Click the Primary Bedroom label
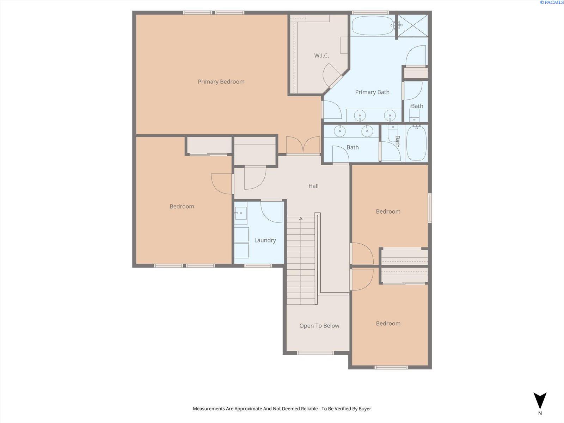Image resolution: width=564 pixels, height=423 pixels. (221, 82)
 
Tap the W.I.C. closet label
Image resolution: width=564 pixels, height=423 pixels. (321, 55)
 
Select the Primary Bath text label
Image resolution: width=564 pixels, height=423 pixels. (372, 92)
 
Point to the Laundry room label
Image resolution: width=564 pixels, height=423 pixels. (265, 240)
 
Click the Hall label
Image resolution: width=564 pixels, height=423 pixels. (313, 186)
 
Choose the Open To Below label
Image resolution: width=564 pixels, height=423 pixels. (319, 326)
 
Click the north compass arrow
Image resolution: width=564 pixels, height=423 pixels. (540, 400)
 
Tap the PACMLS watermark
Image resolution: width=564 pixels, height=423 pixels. (551, 2)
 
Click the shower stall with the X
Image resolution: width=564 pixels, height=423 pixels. (413, 25)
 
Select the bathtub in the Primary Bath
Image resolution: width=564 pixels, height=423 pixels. (372, 26)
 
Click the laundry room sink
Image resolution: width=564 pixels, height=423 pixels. (241, 213)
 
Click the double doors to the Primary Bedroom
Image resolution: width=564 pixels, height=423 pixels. (303, 146)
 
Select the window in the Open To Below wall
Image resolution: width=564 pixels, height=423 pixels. (315, 353)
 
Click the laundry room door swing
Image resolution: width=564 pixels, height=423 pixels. (271, 211)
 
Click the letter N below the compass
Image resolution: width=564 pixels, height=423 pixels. (540, 413)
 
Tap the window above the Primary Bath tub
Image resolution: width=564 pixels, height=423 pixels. (370, 13)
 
